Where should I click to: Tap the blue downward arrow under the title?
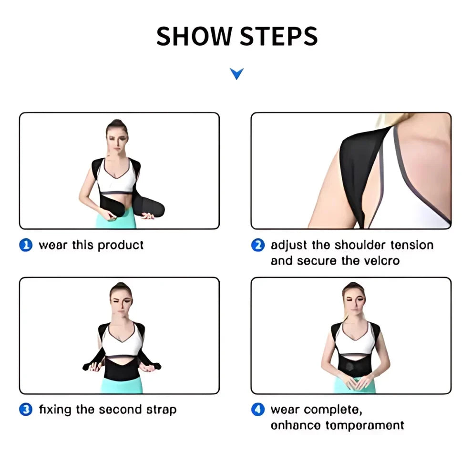click(236, 73)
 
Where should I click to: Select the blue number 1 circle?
click(26, 246)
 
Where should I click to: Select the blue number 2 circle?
click(258, 246)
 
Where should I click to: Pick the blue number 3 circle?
click(26, 410)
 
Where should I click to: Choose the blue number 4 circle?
click(258, 410)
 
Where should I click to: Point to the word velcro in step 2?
click(381, 261)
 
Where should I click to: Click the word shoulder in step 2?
click(360, 246)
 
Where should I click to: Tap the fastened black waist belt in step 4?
click(354, 366)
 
